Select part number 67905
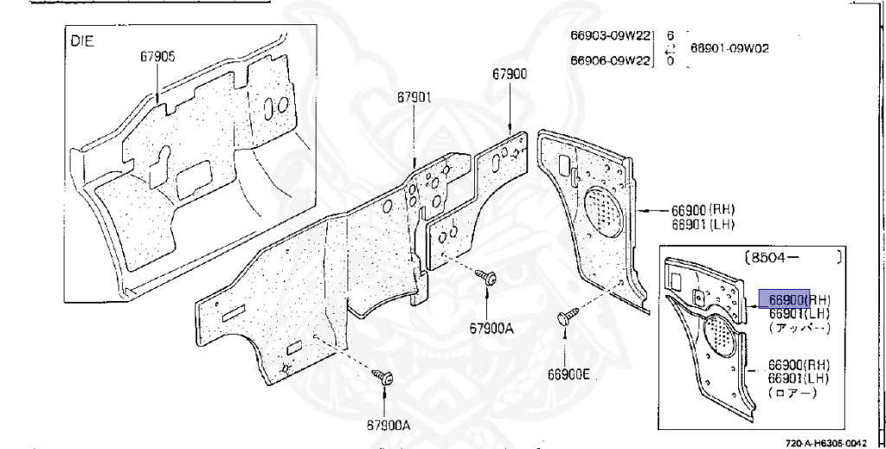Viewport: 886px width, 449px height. click(x=157, y=57)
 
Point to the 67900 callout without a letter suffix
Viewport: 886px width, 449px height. click(x=510, y=74)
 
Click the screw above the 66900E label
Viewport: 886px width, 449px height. click(x=568, y=318)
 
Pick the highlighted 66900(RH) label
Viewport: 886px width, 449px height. click(x=783, y=298)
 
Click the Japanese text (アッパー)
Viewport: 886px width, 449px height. click(x=799, y=329)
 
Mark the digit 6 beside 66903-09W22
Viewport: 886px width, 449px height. click(x=670, y=35)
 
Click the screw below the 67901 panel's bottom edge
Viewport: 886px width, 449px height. click(x=382, y=377)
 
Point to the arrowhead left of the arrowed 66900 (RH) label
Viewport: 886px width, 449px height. click(x=643, y=209)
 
